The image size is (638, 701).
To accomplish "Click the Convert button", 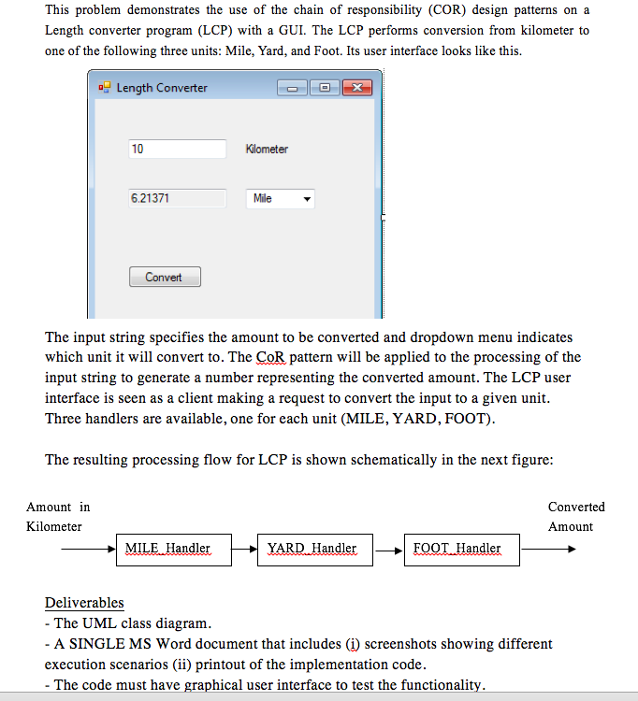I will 165,278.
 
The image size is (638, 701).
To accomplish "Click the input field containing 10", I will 178,149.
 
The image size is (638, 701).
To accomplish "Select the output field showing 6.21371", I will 178,198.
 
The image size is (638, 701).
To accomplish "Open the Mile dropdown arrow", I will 306,199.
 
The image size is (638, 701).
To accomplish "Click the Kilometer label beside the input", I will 267,150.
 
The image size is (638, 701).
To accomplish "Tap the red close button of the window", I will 356,88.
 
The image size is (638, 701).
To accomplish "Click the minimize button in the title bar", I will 292,88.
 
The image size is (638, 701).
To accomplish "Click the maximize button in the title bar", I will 324,88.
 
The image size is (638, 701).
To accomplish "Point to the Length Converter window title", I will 162,88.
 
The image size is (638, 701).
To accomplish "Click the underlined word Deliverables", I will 84,603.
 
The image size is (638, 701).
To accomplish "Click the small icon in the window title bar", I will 103,88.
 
